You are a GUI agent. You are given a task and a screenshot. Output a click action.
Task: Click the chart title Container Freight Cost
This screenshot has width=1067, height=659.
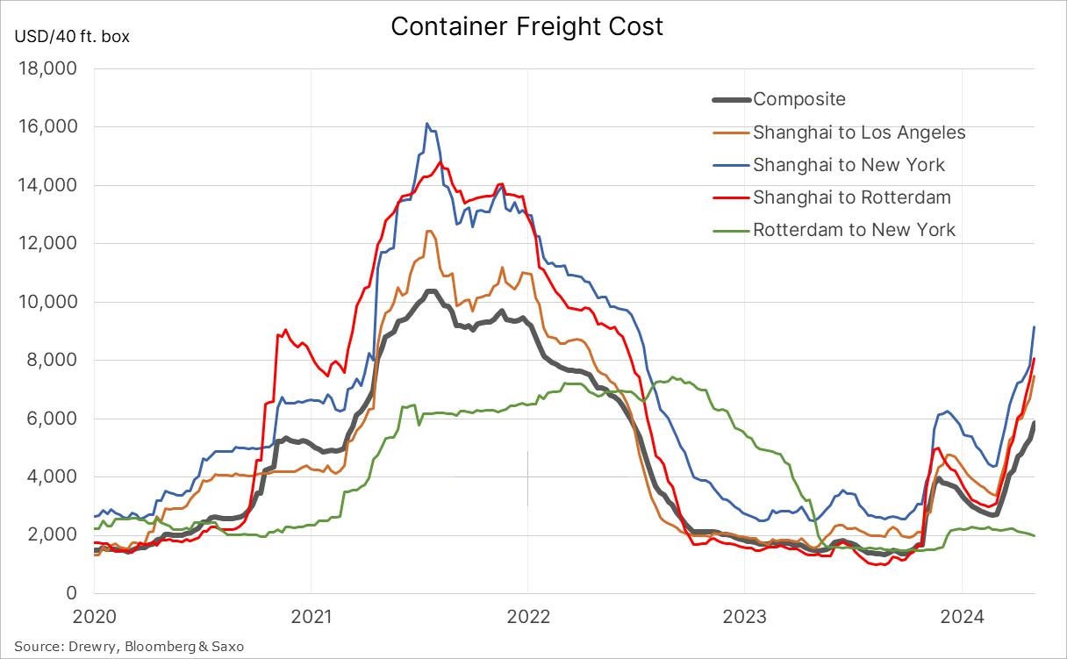pyautogui.click(x=526, y=26)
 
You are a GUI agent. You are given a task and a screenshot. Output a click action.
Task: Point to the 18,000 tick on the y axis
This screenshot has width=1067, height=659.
pyautogui.click(x=48, y=68)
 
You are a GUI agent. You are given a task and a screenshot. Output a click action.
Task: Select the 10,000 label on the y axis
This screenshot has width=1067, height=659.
pyautogui.click(x=48, y=302)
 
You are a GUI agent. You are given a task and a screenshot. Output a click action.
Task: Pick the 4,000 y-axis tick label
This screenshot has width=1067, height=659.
pyautogui.click(x=53, y=477)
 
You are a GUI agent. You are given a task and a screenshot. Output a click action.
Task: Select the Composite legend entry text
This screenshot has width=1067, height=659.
pyautogui.click(x=799, y=100)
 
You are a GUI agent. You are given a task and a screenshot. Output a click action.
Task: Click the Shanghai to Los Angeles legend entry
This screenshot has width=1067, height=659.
pyautogui.click(x=859, y=133)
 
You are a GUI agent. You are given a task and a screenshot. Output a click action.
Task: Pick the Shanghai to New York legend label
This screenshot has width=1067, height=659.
pyautogui.click(x=849, y=165)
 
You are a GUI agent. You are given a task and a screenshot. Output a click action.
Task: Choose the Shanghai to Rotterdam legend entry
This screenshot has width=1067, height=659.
pyautogui.click(x=852, y=197)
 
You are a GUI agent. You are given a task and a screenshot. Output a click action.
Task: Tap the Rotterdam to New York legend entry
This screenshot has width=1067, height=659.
pyautogui.click(x=854, y=230)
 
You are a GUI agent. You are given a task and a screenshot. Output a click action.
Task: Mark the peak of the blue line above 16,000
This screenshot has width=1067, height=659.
pyautogui.click(x=426, y=124)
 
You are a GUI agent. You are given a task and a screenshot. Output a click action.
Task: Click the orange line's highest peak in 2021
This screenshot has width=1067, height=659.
pyautogui.click(x=428, y=231)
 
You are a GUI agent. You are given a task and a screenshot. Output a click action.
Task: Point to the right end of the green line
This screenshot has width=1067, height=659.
pyautogui.click(x=1035, y=535)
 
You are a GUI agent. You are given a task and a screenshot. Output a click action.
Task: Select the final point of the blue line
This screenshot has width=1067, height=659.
pyautogui.click(x=1035, y=327)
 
